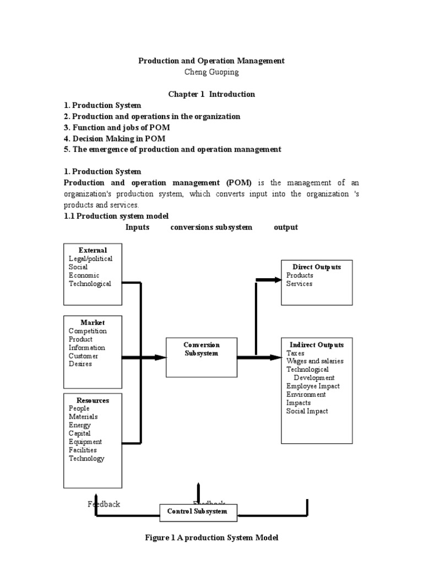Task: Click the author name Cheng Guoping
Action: point(211,72)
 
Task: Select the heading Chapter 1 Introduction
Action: point(211,94)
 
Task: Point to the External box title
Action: point(93,250)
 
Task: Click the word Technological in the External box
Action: point(90,284)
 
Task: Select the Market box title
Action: point(93,322)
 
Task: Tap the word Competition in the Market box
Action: point(88,331)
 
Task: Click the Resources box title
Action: point(93,400)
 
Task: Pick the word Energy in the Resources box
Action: point(80,425)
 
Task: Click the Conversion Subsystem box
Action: point(202,357)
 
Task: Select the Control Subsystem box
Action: point(197,512)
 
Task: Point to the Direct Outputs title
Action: point(317,267)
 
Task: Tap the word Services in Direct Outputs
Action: point(299,284)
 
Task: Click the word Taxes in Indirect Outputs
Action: point(295,353)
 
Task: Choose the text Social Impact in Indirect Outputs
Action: point(307,411)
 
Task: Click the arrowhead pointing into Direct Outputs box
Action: point(275,280)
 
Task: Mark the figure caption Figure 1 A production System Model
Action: point(211,538)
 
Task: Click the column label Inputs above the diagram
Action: point(137,227)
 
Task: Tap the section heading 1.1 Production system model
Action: point(117,216)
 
